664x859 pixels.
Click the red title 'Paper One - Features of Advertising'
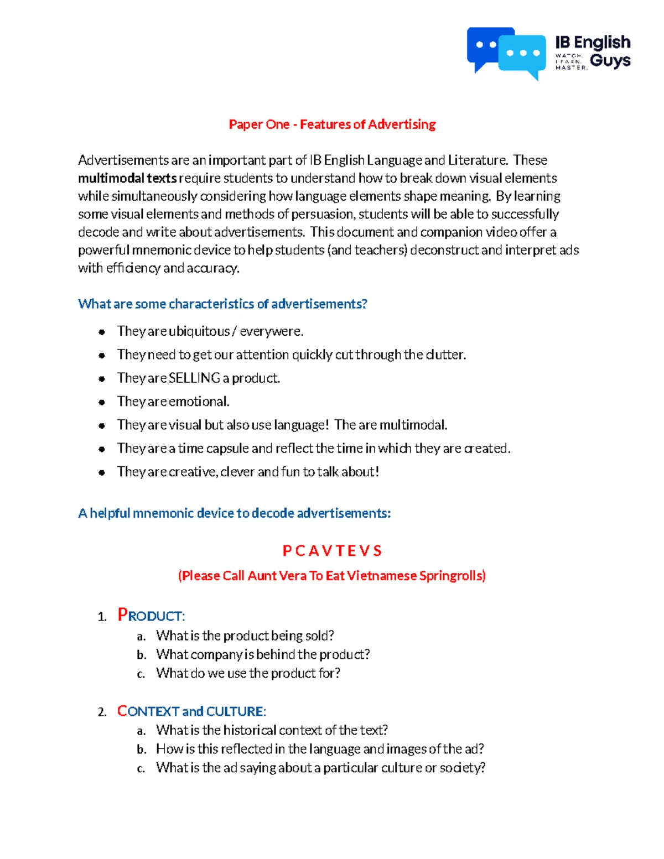pos(332,124)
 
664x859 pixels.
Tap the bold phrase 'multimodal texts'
pos(127,178)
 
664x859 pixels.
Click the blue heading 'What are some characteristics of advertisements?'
pos(222,304)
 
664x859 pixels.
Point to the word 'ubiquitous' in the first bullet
pos(199,331)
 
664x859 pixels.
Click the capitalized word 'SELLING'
pos(194,378)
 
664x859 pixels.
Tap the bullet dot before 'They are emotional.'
pos(102,402)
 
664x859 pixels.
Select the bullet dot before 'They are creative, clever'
pos(102,472)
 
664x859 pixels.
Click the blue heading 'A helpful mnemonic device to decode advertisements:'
pos(234,513)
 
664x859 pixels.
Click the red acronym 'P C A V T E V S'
pos(332,551)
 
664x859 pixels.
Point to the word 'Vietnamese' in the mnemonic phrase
pos(381,576)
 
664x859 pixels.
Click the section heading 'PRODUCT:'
pos(151,616)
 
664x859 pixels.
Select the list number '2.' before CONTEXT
pos(102,712)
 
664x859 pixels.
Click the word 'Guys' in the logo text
pos(610,61)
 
